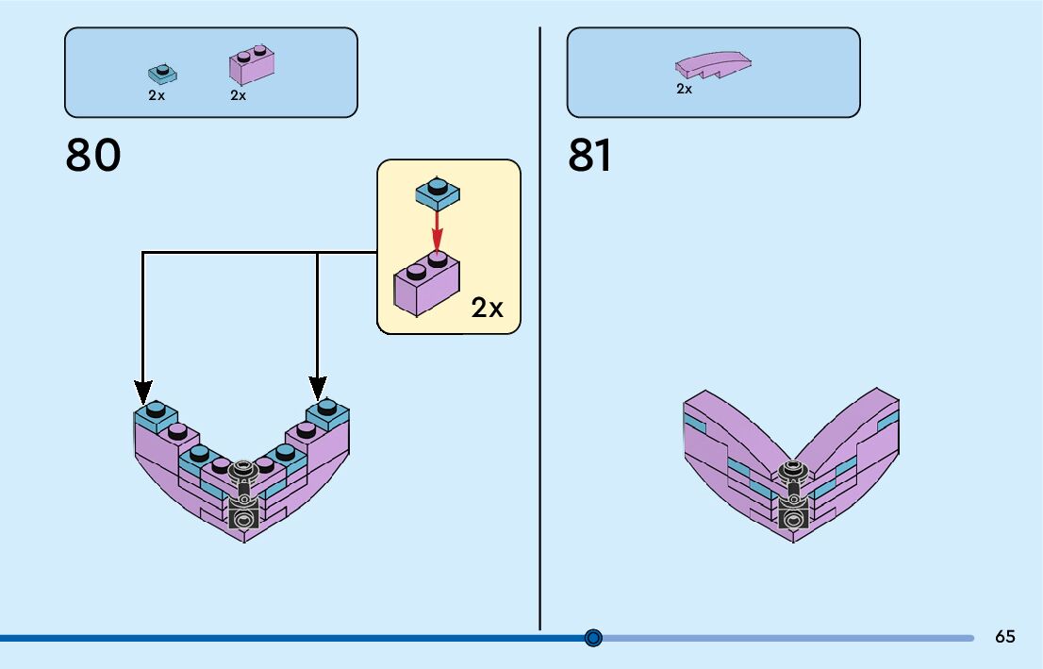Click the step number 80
click(93, 155)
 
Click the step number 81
click(589, 155)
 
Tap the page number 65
click(1005, 636)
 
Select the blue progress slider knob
click(593, 638)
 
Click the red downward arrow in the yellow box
click(437, 230)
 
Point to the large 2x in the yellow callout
click(487, 308)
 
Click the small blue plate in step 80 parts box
click(162, 74)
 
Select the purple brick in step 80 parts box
click(252, 64)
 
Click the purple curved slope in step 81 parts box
click(713, 64)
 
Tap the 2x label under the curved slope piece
click(684, 89)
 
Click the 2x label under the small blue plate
click(157, 95)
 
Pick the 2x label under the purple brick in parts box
click(239, 95)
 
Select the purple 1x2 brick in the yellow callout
click(426, 284)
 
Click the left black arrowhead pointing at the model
click(143, 393)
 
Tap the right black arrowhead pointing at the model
click(317, 388)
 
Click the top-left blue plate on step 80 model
click(156, 415)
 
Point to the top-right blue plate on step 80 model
click(327, 413)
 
